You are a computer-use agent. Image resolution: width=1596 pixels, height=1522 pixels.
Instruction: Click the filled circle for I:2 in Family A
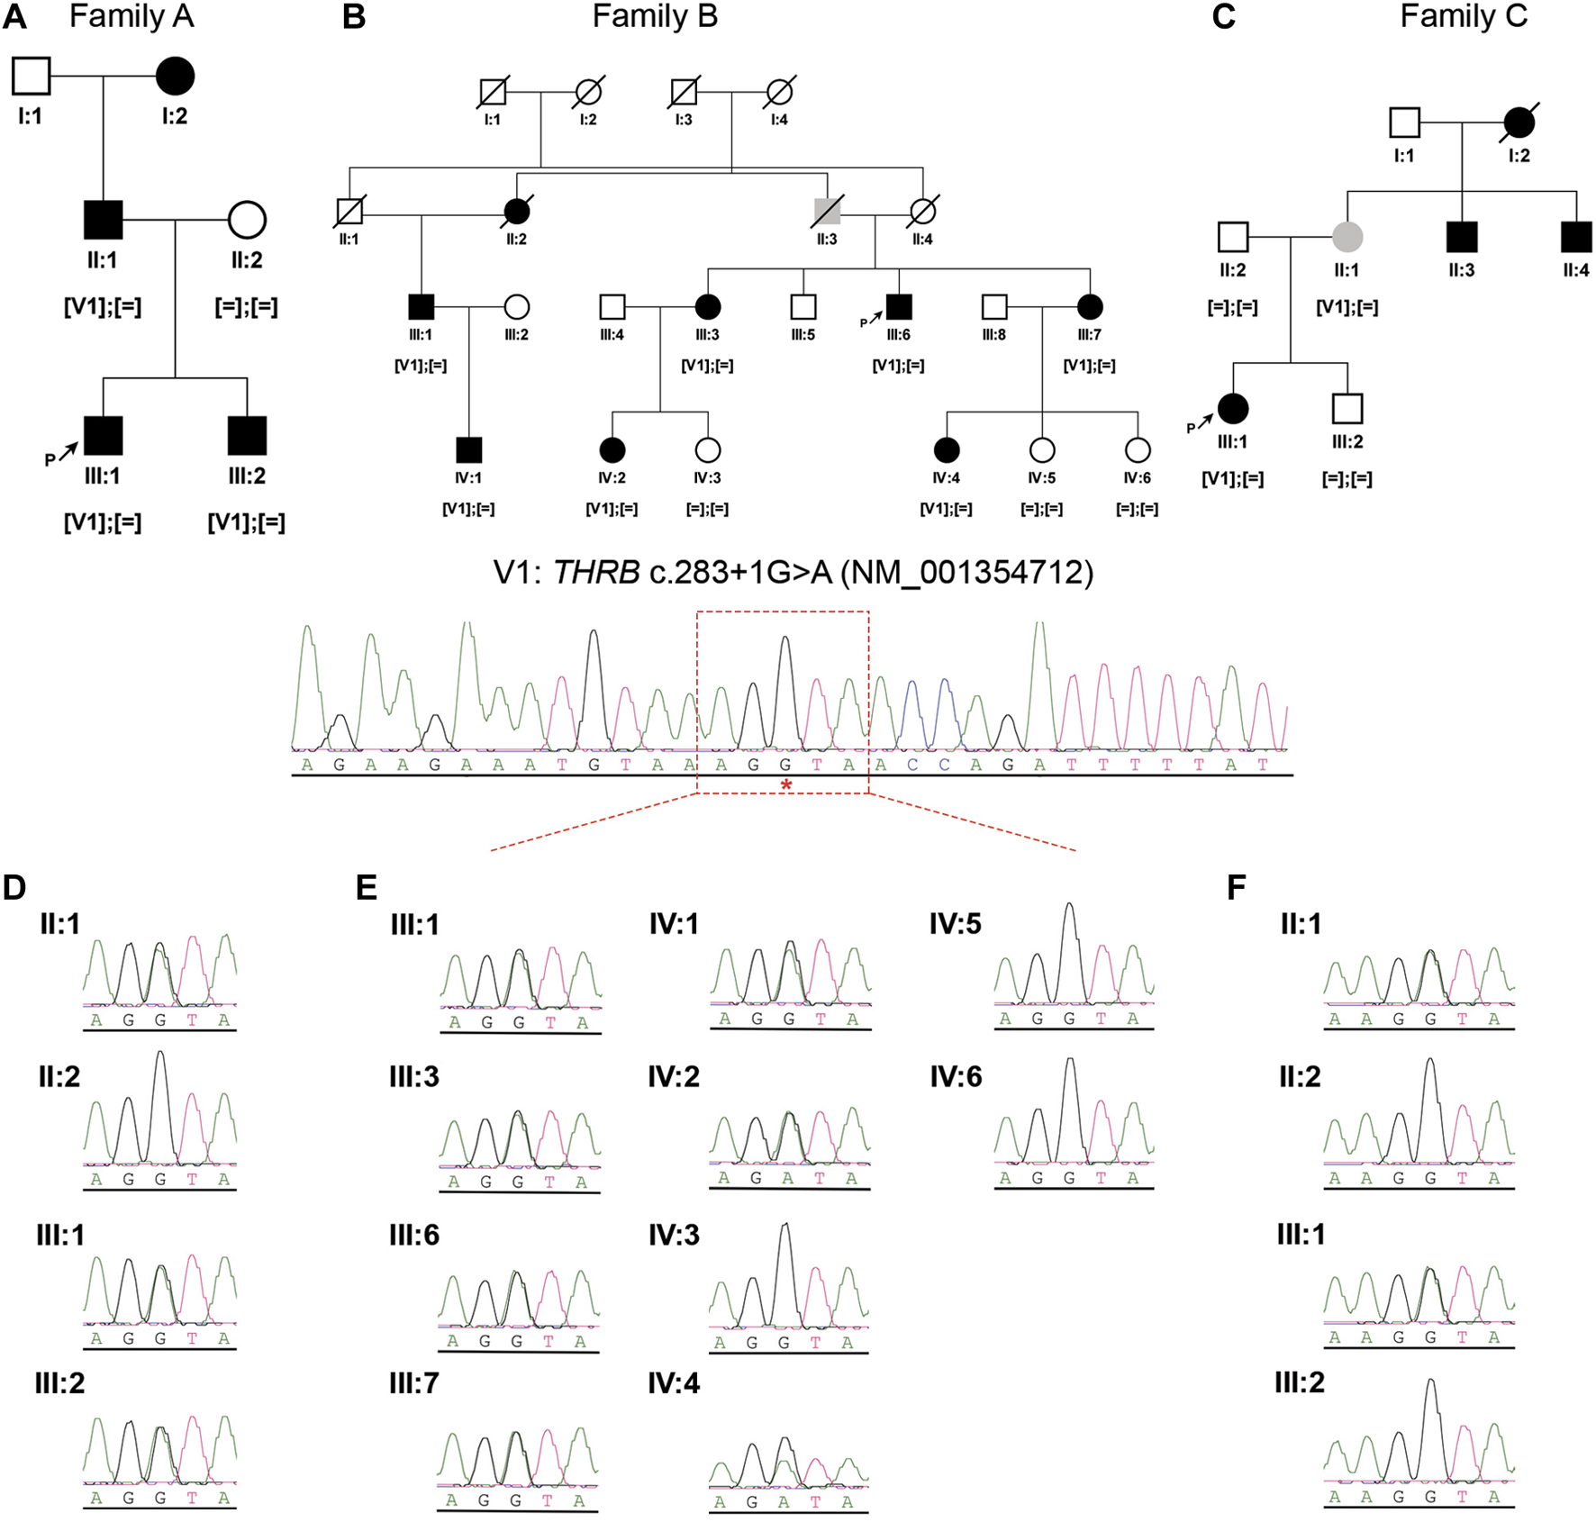click(175, 77)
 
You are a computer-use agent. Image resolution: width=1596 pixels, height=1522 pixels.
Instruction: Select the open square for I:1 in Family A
click(31, 77)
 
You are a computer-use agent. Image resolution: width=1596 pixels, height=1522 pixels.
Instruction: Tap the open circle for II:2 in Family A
click(247, 220)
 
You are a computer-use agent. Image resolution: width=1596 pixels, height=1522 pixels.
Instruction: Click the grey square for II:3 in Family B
click(827, 212)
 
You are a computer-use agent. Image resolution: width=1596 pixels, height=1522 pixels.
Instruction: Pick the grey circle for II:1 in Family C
click(1347, 237)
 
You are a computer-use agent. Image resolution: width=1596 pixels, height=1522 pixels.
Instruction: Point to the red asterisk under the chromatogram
click(786, 785)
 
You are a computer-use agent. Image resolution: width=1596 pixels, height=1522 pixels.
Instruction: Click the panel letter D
click(14, 888)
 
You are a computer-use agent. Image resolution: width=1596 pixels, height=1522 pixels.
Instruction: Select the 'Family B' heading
click(655, 16)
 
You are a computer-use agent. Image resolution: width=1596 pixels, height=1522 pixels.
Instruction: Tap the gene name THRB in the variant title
click(595, 573)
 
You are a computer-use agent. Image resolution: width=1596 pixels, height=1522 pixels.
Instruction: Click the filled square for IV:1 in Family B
click(468, 449)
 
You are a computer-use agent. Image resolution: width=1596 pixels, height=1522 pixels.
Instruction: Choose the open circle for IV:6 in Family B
click(1138, 449)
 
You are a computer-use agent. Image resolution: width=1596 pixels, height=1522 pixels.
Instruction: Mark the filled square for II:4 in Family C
click(1576, 237)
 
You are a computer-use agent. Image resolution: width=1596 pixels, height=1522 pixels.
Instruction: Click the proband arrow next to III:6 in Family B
click(875, 317)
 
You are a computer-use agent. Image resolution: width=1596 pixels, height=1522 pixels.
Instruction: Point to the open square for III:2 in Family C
click(1347, 409)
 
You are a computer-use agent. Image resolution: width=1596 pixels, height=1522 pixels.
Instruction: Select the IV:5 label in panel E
click(955, 924)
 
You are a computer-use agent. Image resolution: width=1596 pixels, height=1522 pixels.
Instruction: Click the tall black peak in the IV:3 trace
click(786, 1261)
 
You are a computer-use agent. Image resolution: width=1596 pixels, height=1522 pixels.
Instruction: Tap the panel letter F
click(1237, 888)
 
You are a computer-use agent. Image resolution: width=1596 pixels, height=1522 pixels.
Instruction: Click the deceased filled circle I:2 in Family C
click(1519, 122)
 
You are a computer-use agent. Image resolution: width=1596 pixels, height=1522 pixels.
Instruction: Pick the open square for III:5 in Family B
click(803, 307)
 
